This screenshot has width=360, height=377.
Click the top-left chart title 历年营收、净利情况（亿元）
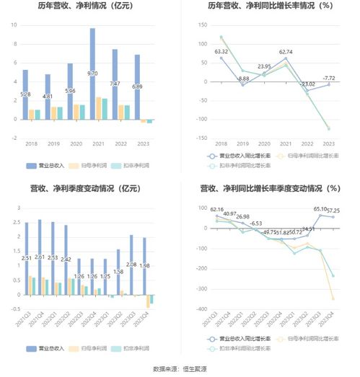[89, 7]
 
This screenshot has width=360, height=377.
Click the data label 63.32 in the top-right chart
[221, 52]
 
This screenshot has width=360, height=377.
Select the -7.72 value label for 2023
[329, 78]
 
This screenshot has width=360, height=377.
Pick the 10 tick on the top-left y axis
[14, 25]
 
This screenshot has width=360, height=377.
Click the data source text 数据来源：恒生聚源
[180, 369]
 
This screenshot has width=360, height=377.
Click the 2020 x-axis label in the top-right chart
[264, 143]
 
